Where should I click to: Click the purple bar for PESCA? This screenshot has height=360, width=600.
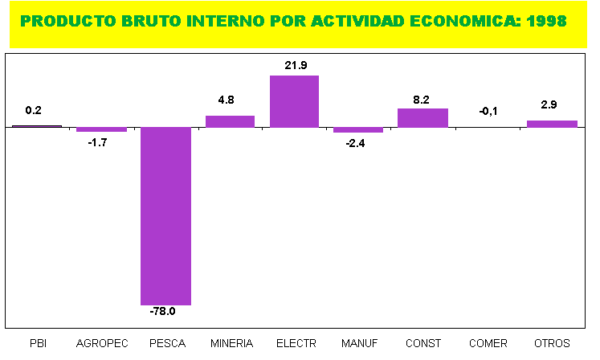[x=165, y=215]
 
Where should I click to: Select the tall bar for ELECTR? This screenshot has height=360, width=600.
[x=294, y=101]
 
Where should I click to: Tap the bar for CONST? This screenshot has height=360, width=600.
[x=422, y=118]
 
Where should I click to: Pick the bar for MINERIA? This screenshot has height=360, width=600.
[x=230, y=121]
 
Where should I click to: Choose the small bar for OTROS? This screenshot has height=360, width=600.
[x=552, y=124]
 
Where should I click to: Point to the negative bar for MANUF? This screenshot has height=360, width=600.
[x=358, y=129]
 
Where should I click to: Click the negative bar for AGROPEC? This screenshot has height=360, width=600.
[x=101, y=129]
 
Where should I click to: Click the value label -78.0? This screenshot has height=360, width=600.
[x=165, y=312]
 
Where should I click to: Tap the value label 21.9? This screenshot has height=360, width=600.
[x=295, y=65]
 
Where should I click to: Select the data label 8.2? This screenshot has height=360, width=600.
[x=422, y=100]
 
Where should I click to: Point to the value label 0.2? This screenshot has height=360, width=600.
[x=34, y=111]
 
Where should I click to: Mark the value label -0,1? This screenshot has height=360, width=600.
[x=488, y=111]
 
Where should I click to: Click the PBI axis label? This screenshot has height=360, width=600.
[x=38, y=343]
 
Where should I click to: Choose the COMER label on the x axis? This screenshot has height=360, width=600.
[x=488, y=343]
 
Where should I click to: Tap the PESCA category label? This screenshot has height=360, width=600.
[x=166, y=343]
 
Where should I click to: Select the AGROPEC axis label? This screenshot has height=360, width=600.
[x=102, y=343]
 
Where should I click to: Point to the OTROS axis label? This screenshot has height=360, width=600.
[x=552, y=343]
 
